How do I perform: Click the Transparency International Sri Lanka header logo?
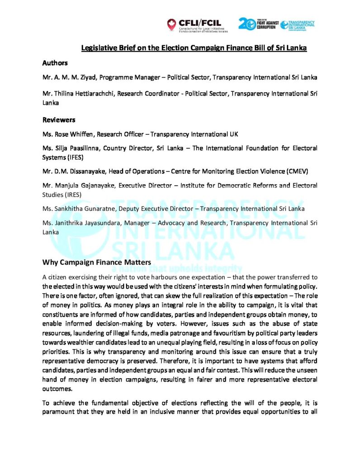[x=298, y=25]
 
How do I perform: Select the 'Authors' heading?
[x=55, y=63]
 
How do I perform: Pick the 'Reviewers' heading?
[x=58, y=120]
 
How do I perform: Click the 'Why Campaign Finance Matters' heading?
[x=90, y=262]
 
